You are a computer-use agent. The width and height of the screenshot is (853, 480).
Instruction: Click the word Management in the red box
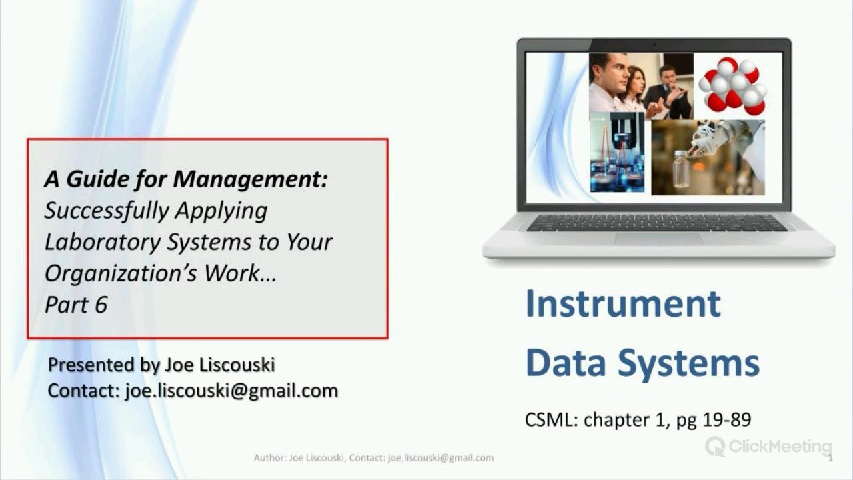pos(251,179)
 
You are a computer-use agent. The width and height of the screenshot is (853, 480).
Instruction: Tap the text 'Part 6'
pos(76,304)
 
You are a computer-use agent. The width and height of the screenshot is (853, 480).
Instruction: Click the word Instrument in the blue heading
pos(623,303)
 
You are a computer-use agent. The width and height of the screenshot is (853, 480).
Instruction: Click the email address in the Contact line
pos(231,391)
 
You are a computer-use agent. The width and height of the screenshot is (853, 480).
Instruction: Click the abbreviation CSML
pos(550,420)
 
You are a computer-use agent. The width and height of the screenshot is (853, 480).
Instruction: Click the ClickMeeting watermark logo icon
pos(715,446)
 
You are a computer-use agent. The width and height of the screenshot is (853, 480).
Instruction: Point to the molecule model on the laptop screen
pos(732,85)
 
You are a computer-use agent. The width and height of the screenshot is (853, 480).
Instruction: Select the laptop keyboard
pos(656,223)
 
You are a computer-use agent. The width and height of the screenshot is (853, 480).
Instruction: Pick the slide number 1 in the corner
pos(830,458)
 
